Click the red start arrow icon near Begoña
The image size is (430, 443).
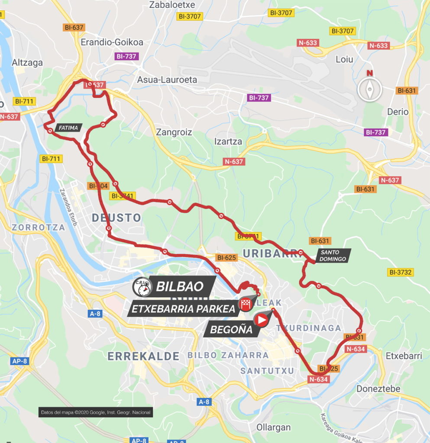point(262,320)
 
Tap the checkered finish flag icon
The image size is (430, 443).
point(246,305)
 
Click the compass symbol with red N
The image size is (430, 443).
point(369,89)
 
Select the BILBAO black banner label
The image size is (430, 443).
point(179,286)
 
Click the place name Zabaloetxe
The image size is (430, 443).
point(172,5)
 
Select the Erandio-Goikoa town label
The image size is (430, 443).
point(112,42)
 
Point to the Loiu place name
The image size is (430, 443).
point(344,59)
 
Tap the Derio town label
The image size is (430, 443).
point(398,112)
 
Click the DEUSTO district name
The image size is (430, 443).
point(116,218)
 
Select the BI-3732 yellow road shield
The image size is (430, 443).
point(401,272)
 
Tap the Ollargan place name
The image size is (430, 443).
point(273,427)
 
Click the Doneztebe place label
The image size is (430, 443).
point(378,388)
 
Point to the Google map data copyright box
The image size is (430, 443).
point(95,412)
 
